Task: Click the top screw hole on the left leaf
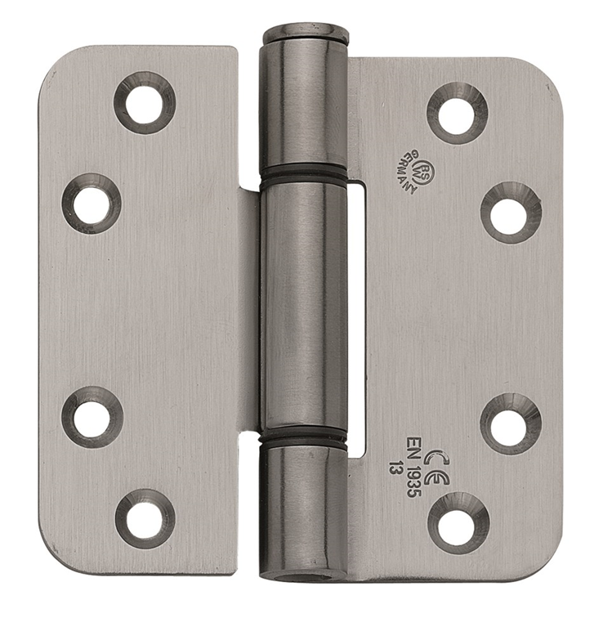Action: pyautogui.click(x=145, y=103)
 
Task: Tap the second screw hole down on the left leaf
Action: pyautogui.click(x=92, y=204)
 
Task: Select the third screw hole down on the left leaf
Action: pyautogui.click(x=92, y=417)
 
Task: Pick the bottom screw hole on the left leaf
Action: pyautogui.click(x=145, y=519)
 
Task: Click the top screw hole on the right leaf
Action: pyautogui.click(x=457, y=113)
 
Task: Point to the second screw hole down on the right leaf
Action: pyautogui.click(x=511, y=213)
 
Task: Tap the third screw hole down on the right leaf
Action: pyautogui.click(x=511, y=424)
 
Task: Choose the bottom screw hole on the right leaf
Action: pyautogui.click(x=458, y=523)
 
